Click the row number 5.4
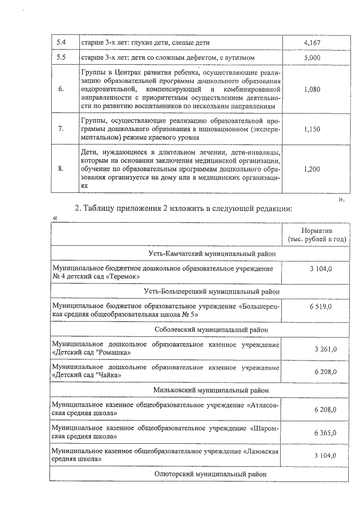coord(61,42)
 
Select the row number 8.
coord(61,168)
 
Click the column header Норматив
coord(317,231)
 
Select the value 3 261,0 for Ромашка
coord(321,349)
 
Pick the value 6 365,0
coord(321,433)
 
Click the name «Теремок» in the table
coord(122,277)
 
